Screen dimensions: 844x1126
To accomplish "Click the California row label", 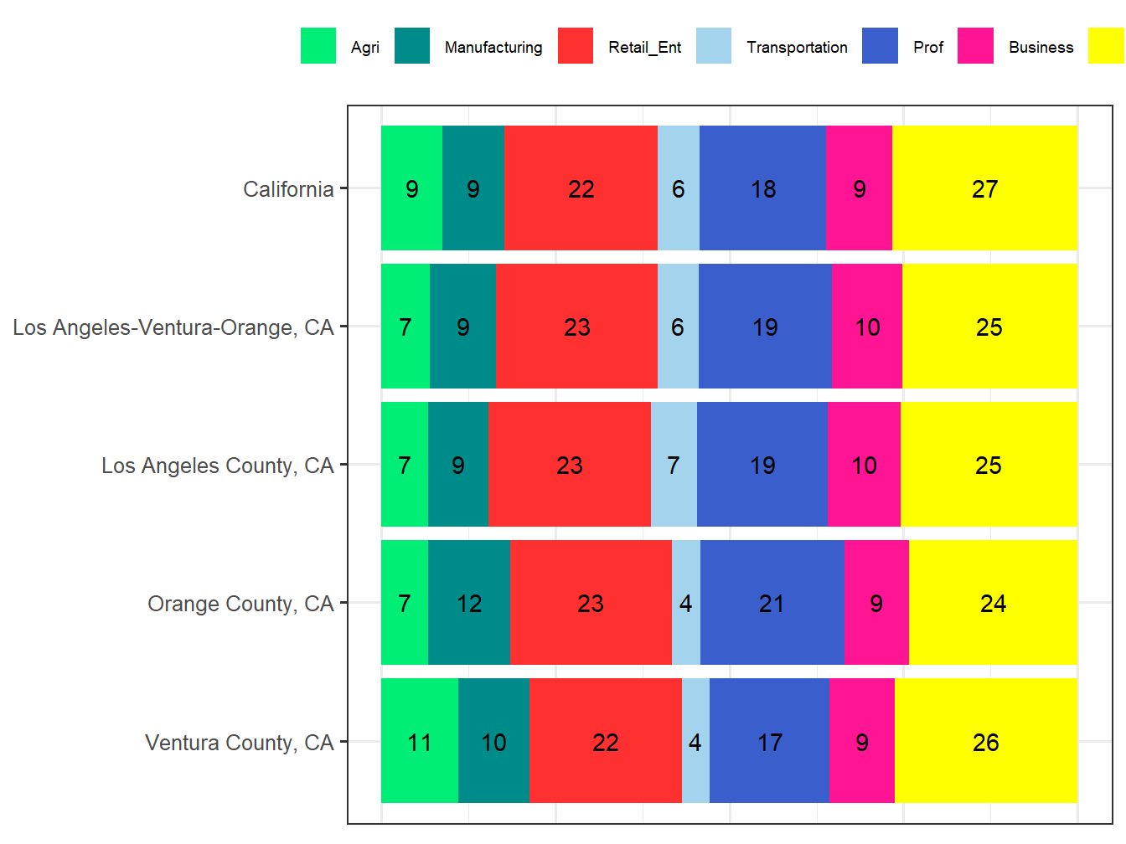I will (x=288, y=189).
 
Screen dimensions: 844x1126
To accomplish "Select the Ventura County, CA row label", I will (x=240, y=743).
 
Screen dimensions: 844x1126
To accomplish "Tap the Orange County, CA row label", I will (x=240, y=604).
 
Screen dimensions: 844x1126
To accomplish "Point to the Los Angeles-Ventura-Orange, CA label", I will (x=173, y=327).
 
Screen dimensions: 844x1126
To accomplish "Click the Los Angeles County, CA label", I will (x=218, y=466).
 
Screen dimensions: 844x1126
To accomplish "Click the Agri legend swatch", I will (x=318, y=46).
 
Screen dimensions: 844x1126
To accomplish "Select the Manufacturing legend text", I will (x=493, y=48).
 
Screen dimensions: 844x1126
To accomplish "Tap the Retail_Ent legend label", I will (x=644, y=48).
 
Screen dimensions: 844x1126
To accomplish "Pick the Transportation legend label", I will (x=797, y=48).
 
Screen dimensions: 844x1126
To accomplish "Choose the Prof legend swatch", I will (x=880, y=46).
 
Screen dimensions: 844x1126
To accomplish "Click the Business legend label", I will (x=1041, y=48).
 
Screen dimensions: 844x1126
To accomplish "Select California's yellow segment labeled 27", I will (x=984, y=188).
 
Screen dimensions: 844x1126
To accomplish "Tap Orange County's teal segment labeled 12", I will (x=469, y=603).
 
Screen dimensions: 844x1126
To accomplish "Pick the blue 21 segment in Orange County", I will (x=772, y=603).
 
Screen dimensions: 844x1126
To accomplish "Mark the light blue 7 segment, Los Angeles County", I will (x=674, y=465).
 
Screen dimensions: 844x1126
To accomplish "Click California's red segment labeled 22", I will (x=581, y=188).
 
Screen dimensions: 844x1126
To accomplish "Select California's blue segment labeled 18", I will (x=762, y=188).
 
